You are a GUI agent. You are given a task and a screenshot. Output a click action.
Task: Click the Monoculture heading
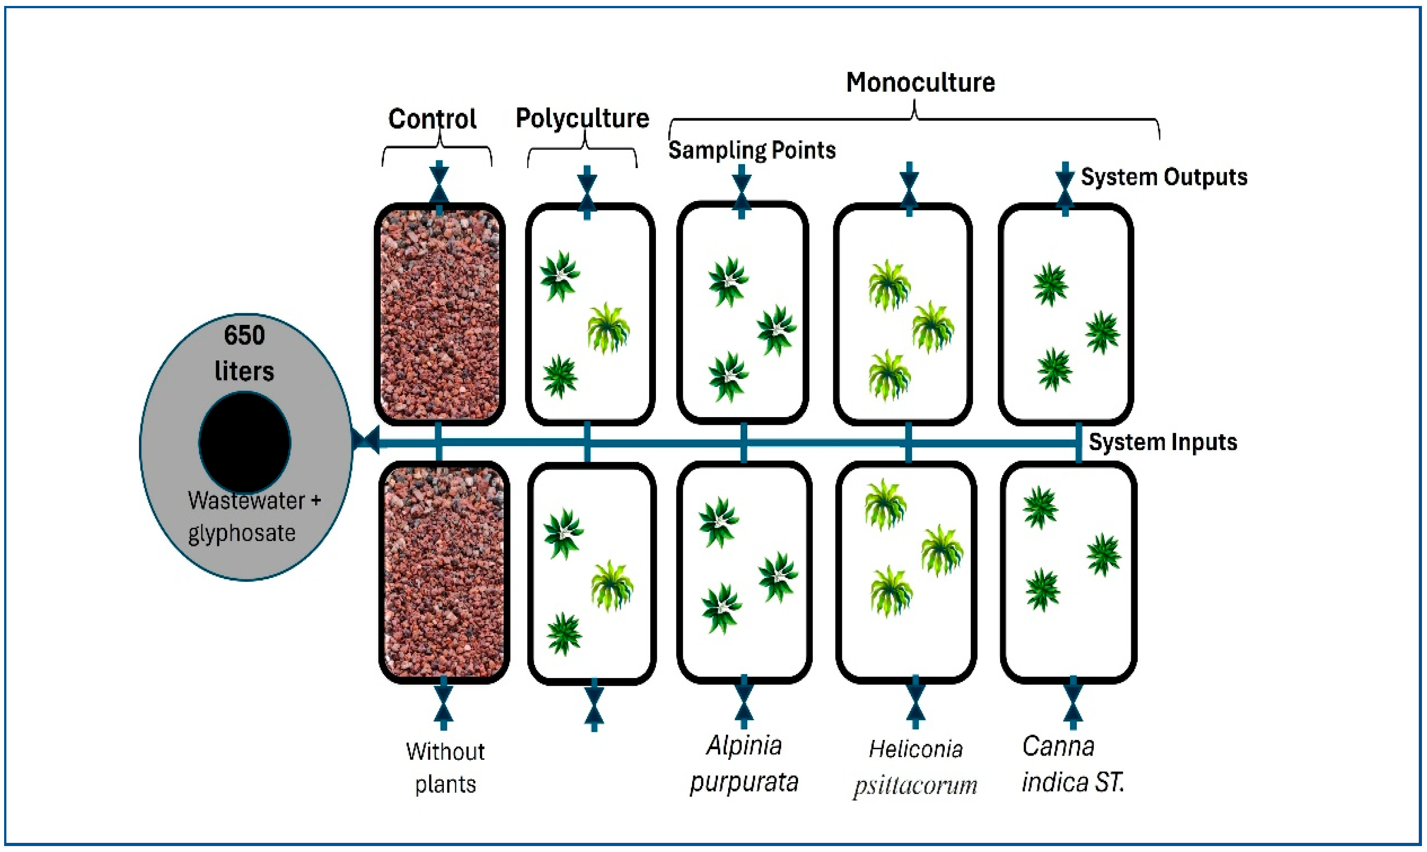point(920,82)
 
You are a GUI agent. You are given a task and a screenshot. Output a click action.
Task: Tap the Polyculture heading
point(582,119)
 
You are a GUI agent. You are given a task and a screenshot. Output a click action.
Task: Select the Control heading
point(432,119)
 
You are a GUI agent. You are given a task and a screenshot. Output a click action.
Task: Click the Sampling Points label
point(752,150)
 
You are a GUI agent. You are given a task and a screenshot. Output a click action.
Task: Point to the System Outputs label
point(1164,177)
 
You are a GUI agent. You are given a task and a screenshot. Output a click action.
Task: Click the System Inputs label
point(1163,442)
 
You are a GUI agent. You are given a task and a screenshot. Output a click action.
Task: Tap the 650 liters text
point(244,353)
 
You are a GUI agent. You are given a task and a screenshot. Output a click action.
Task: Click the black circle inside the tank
point(245,443)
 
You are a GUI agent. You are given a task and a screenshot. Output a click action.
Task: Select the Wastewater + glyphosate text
point(254,517)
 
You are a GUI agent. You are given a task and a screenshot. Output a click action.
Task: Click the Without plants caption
point(445,767)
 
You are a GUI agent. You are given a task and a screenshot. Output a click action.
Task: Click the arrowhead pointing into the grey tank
point(366,440)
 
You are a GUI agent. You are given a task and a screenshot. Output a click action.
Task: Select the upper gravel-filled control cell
point(440,314)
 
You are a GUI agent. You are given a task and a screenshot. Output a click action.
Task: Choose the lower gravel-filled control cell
point(444,572)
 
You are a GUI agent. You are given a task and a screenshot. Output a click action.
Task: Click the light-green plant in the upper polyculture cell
point(608,328)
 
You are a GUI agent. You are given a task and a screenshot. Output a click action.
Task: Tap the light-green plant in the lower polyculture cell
point(612,586)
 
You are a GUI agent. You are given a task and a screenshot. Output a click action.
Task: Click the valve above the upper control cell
point(439,185)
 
